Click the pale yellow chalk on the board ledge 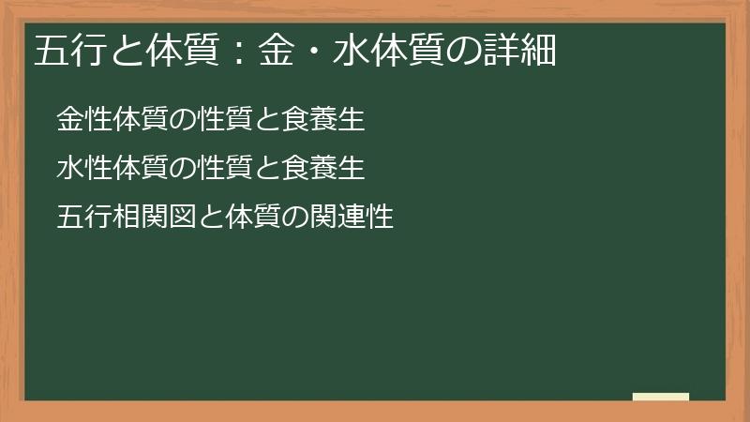(x=661, y=397)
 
